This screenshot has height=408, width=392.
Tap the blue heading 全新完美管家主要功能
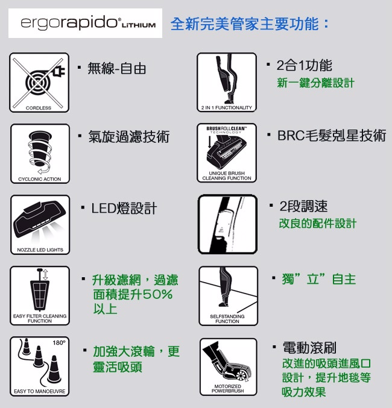coord(245,24)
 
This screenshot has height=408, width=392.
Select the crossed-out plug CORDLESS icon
coord(39,83)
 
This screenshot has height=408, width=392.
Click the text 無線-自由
coord(116,69)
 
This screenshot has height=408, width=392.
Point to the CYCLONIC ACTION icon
coord(40,154)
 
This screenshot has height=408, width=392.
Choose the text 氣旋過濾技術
coord(129,136)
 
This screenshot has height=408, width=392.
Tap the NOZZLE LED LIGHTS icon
coord(40,225)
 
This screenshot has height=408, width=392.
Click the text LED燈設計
coord(124,208)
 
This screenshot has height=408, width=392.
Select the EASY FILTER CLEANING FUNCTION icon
coord(40,295)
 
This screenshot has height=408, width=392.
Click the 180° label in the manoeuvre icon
coord(59,343)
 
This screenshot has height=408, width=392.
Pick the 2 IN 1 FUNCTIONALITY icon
coord(227,82)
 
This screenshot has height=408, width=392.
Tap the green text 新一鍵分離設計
coord(315,83)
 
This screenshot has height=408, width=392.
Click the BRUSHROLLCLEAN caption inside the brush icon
coord(226,128)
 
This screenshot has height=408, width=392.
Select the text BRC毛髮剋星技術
coord(332,136)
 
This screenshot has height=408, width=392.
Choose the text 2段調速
coord(303,206)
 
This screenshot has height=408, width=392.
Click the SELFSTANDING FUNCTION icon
coord(228,296)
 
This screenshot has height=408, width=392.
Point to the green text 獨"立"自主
coord(319,279)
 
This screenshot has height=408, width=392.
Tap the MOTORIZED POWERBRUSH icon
coord(228,367)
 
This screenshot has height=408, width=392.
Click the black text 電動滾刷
coord(309,348)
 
